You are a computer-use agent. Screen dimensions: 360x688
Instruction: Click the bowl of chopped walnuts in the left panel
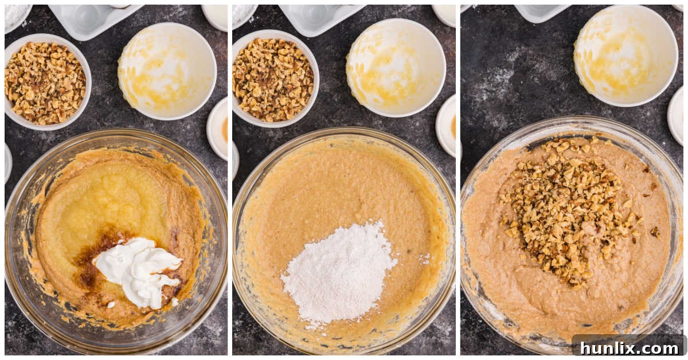(46, 83)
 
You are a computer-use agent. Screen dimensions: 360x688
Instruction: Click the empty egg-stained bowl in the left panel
(167, 70)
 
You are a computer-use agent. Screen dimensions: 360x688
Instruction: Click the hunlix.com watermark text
(628, 347)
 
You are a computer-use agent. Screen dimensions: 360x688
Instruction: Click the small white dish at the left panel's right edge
(218, 129)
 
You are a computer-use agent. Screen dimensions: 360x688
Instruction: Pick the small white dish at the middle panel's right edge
(446, 126)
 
